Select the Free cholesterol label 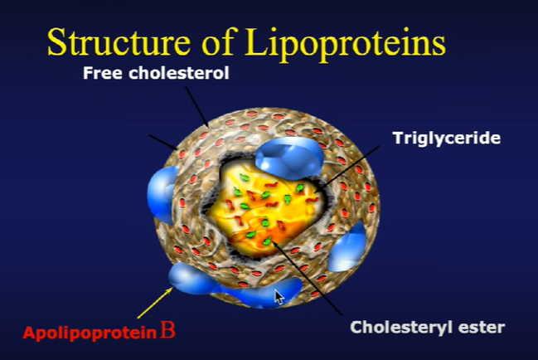coord(156,73)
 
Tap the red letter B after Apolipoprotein coord(167,333)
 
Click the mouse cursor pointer coord(279,295)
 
